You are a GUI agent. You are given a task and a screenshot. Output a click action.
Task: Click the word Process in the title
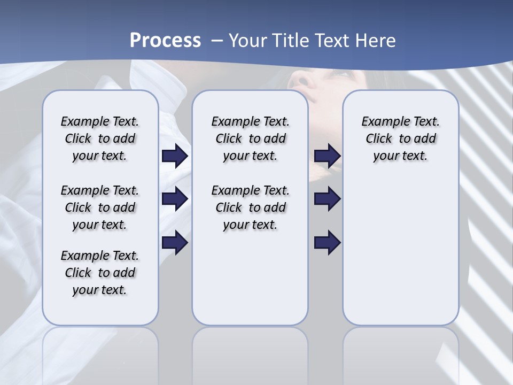coord(165,41)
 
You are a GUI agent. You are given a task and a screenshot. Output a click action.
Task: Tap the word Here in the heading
coord(376,41)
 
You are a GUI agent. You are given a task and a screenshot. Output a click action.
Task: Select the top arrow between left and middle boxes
coord(175,156)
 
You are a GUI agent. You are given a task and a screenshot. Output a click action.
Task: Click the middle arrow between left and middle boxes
coord(175,199)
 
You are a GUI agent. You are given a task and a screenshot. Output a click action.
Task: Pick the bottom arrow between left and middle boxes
coord(175,242)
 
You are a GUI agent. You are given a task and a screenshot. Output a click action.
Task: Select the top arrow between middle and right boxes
coord(328,156)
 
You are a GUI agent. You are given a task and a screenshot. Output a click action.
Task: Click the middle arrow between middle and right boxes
coord(328,199)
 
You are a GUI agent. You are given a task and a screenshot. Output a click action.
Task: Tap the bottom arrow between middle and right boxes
coord(328,242)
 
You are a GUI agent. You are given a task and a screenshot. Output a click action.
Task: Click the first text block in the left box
coord(100,138)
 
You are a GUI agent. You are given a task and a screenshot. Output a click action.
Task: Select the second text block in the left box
coord(100,207)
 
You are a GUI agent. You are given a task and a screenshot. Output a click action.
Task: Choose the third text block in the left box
coord(100,273)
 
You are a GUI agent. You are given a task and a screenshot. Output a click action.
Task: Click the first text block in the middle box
coord(251,138)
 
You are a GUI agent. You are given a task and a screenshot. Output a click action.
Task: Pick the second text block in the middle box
coord(251,207)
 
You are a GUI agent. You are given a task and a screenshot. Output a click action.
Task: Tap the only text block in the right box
coord(401,138)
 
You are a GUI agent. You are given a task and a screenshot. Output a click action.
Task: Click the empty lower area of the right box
coord(401,257)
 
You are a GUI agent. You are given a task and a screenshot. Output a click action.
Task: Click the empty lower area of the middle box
coord(251,283)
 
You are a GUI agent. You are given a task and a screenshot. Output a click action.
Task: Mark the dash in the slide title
coord(217,41)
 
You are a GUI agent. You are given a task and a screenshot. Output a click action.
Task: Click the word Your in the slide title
coord(247,41)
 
